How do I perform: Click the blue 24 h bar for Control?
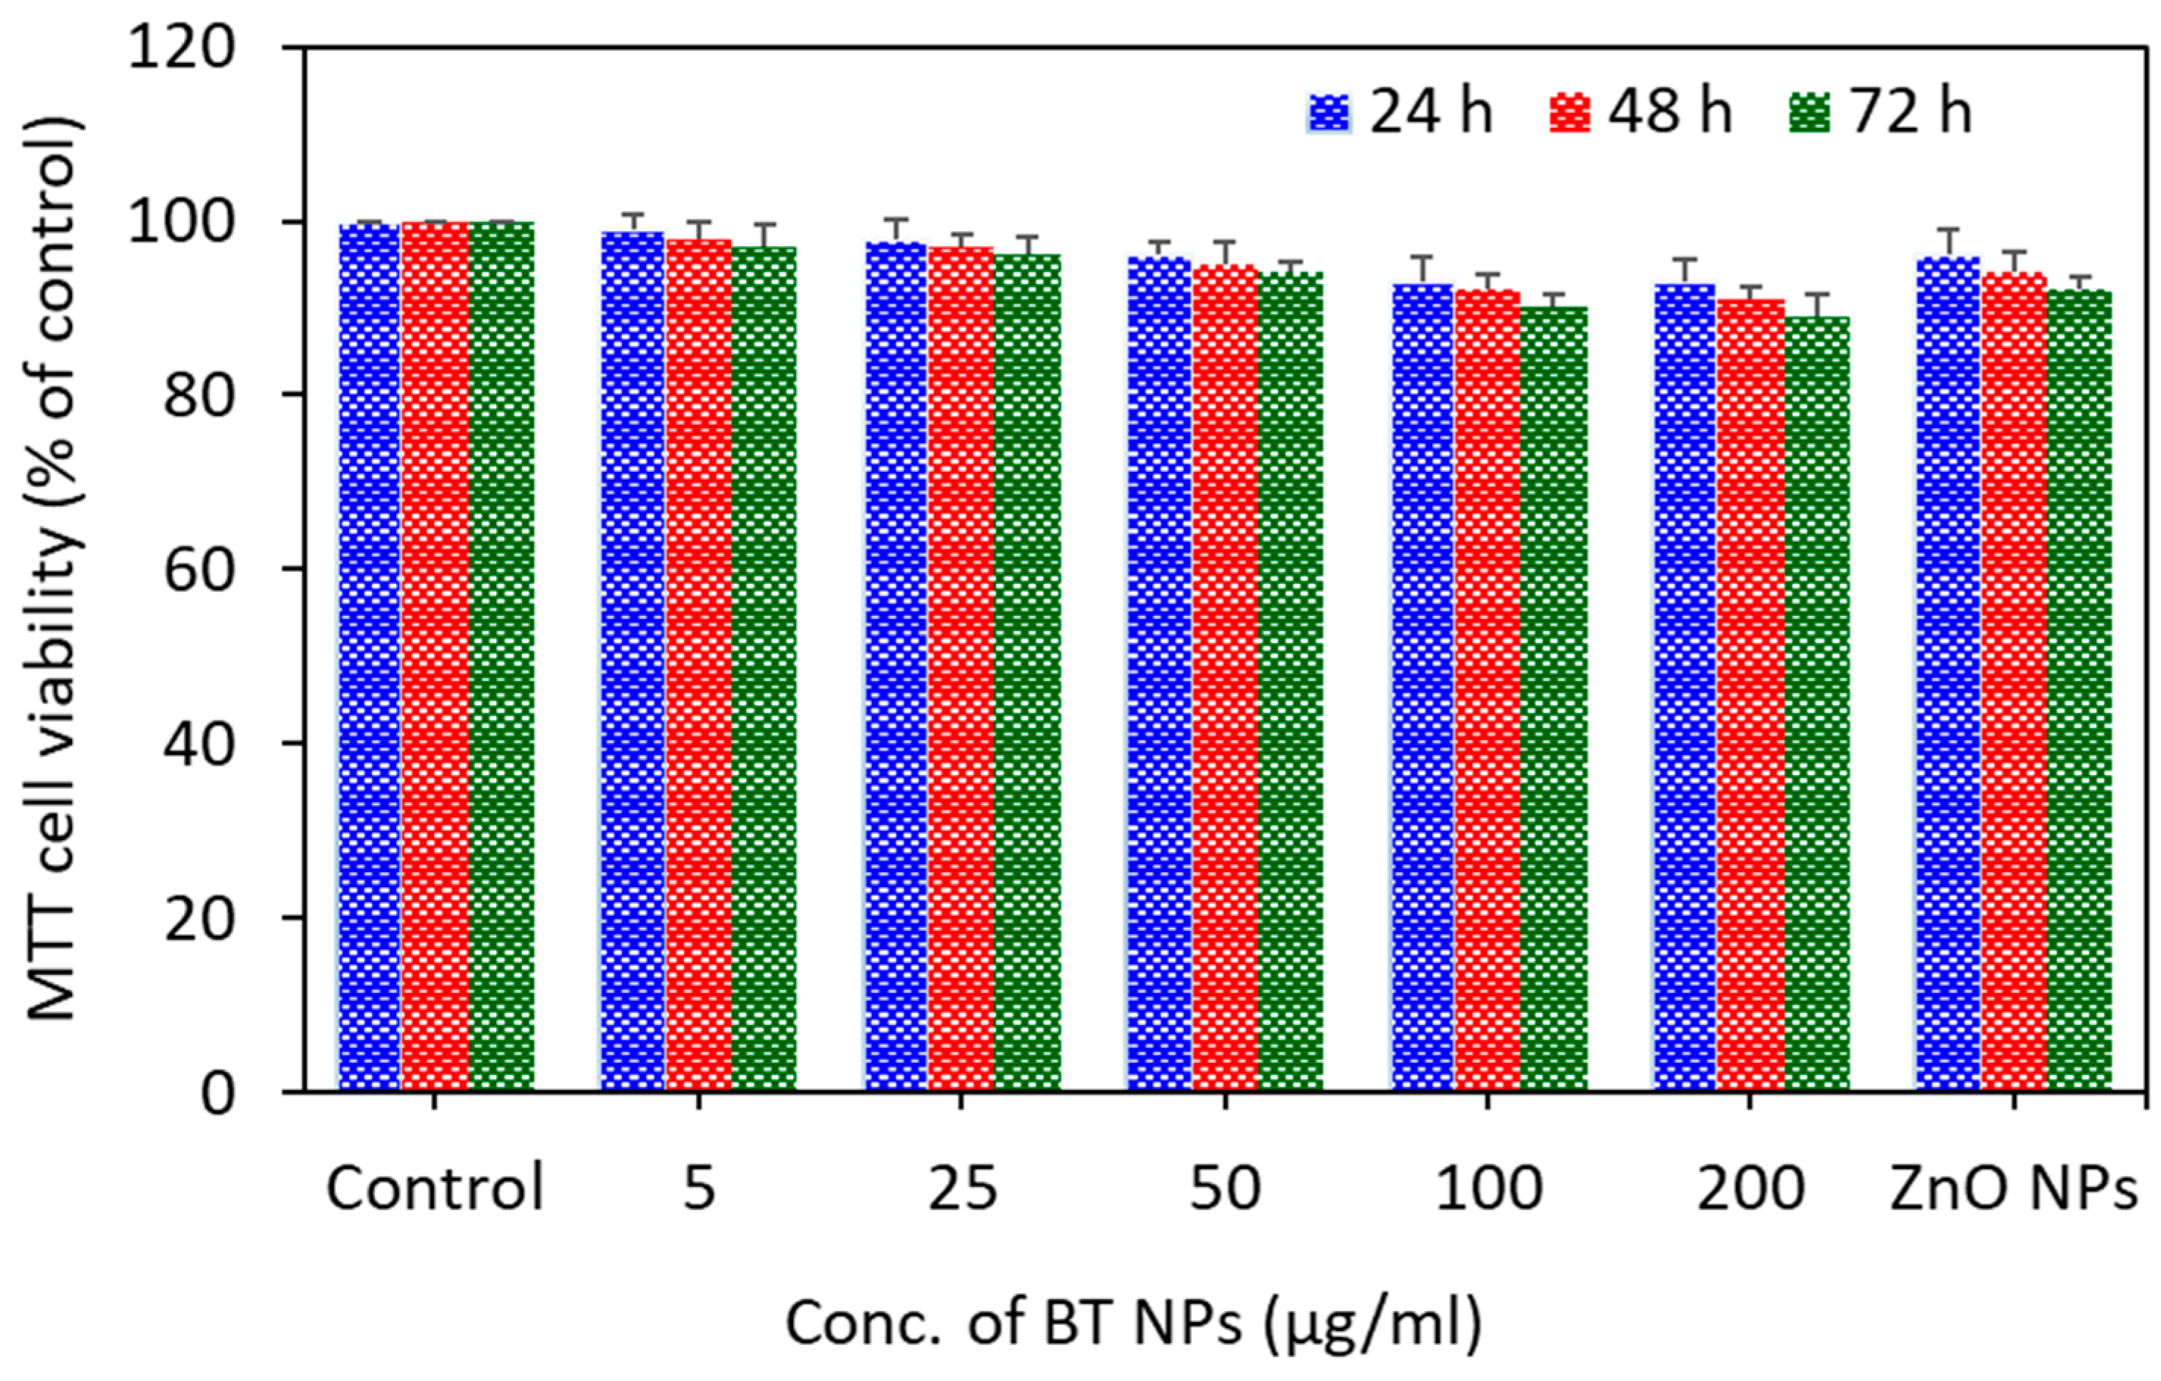tap(370, 655)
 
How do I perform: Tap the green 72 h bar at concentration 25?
tap(1028, 673)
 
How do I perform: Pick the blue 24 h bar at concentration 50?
tap(1160, 673)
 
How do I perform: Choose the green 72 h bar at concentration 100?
tap(1554, 700)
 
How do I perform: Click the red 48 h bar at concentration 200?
tap(1751, 695)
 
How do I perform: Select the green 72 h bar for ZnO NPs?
tap(2080, 691)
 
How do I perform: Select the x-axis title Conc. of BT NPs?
tap(1132, 1322)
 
